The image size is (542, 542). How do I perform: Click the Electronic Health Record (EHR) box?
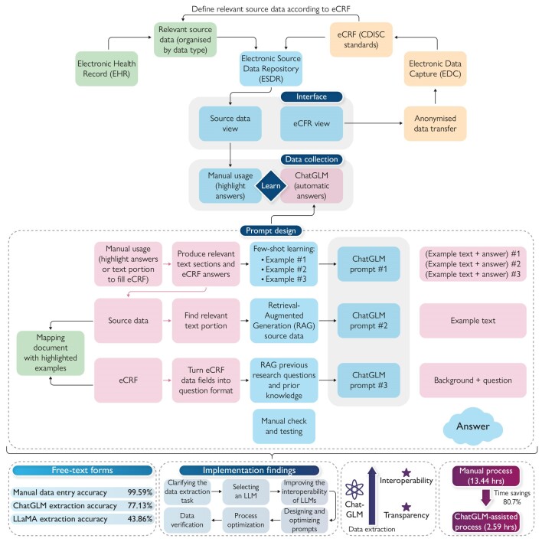click(106, 69)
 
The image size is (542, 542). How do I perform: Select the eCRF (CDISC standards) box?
click(361, 39)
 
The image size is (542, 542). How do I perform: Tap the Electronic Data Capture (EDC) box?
click(435, 69)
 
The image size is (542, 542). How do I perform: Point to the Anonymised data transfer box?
click(435, 123)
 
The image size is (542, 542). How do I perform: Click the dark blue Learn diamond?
click(271, 185)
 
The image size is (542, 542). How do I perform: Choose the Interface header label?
click(311, 96)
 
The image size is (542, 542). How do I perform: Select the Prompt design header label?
click(271, 230)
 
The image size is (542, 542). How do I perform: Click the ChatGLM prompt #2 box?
click(368, 321)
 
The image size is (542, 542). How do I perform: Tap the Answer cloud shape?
click(472, 426)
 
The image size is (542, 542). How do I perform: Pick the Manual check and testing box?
click(284, 426)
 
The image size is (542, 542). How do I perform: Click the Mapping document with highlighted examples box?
click(51, 353)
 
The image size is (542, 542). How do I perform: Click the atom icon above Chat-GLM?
click(354, 489)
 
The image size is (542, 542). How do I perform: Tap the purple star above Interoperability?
click(406, 472)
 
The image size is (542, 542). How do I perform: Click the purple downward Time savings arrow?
click(486, 498)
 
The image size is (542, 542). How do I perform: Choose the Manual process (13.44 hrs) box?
click(485, 476)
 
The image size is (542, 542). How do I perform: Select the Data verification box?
click(187, 520)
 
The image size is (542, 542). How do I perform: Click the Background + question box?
click(473, 380)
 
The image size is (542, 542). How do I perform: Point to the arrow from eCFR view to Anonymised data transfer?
click(374, 123)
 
